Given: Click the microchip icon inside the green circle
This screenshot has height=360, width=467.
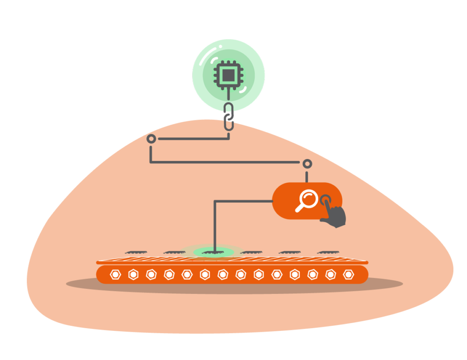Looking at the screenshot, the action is (228, 74).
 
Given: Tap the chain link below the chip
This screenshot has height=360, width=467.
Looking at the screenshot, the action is (229, 116).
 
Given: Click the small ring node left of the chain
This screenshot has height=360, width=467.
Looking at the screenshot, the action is (151, 139).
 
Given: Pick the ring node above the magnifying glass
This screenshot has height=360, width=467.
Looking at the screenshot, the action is (307, 164).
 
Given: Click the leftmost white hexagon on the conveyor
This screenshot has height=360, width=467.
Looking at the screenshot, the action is (114, 274).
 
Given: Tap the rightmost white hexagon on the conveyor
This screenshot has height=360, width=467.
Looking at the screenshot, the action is (348, 274).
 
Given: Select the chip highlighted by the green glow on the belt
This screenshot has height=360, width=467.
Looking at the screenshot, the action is (212, 252).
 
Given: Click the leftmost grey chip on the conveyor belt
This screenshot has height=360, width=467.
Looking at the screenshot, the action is (135, 252).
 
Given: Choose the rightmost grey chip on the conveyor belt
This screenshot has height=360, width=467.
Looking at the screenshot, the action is (328, 252).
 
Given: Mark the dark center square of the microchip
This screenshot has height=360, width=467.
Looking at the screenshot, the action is (228, 74).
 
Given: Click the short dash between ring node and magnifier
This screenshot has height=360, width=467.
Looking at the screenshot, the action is (307, 177).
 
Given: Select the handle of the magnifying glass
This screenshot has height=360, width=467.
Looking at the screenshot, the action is (300, 208).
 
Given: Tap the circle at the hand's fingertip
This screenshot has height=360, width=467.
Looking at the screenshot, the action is (326, 200).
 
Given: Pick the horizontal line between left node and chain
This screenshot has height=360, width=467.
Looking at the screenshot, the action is (192, 139).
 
